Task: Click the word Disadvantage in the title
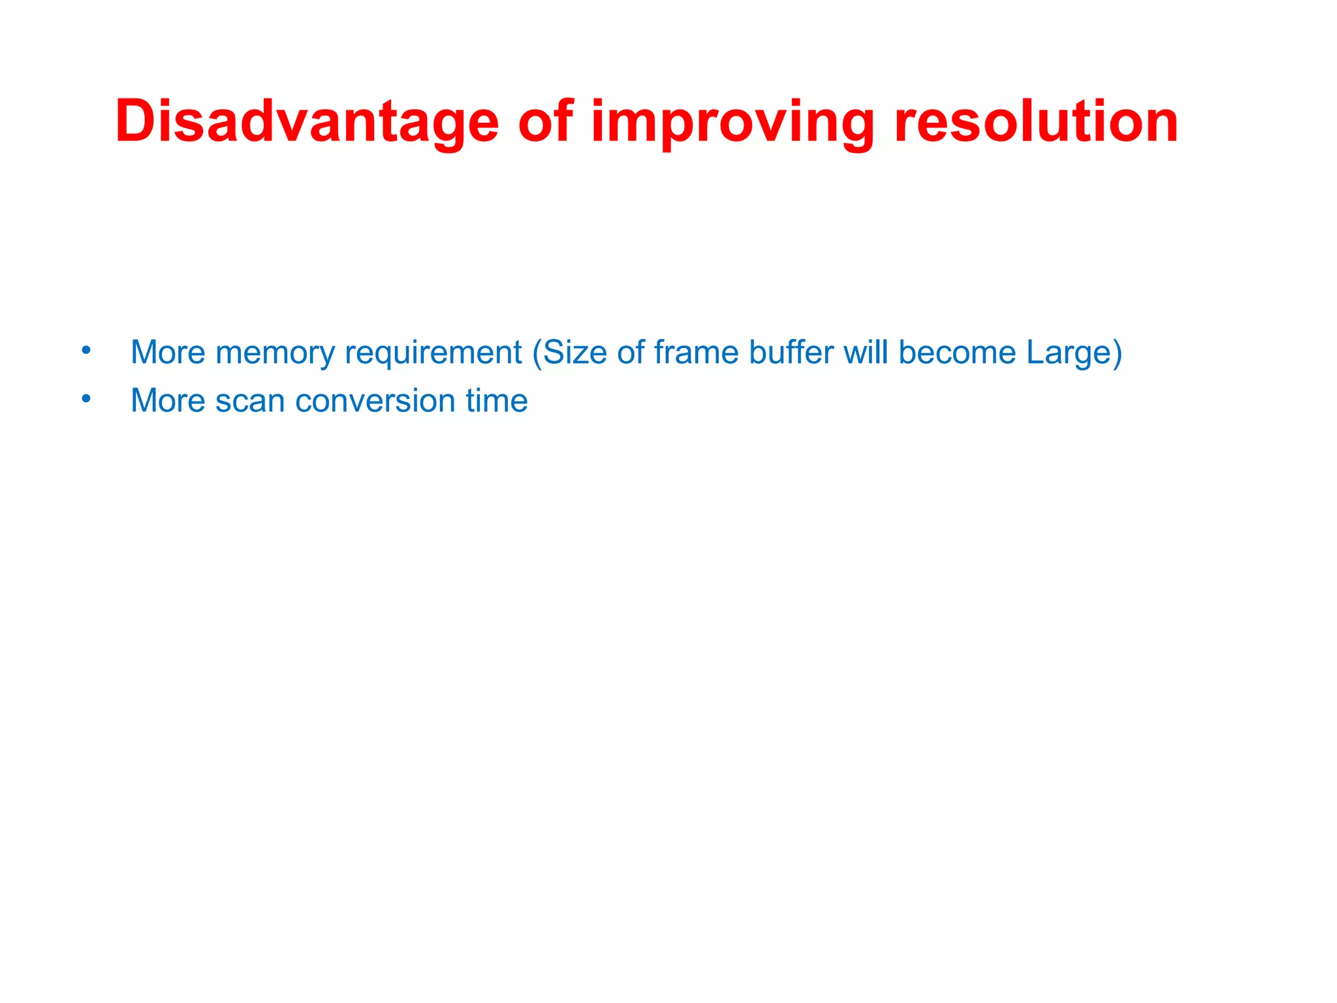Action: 307,122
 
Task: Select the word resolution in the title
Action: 1036,122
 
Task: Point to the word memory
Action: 275,353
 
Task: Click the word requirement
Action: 433,353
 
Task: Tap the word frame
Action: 696,353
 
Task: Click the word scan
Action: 250,402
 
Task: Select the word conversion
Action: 375,402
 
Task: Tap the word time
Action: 497,402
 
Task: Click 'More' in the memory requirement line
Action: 168,353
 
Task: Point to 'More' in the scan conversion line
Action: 168,402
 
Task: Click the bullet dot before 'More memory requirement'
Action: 86,351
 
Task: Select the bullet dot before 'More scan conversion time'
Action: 86,398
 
